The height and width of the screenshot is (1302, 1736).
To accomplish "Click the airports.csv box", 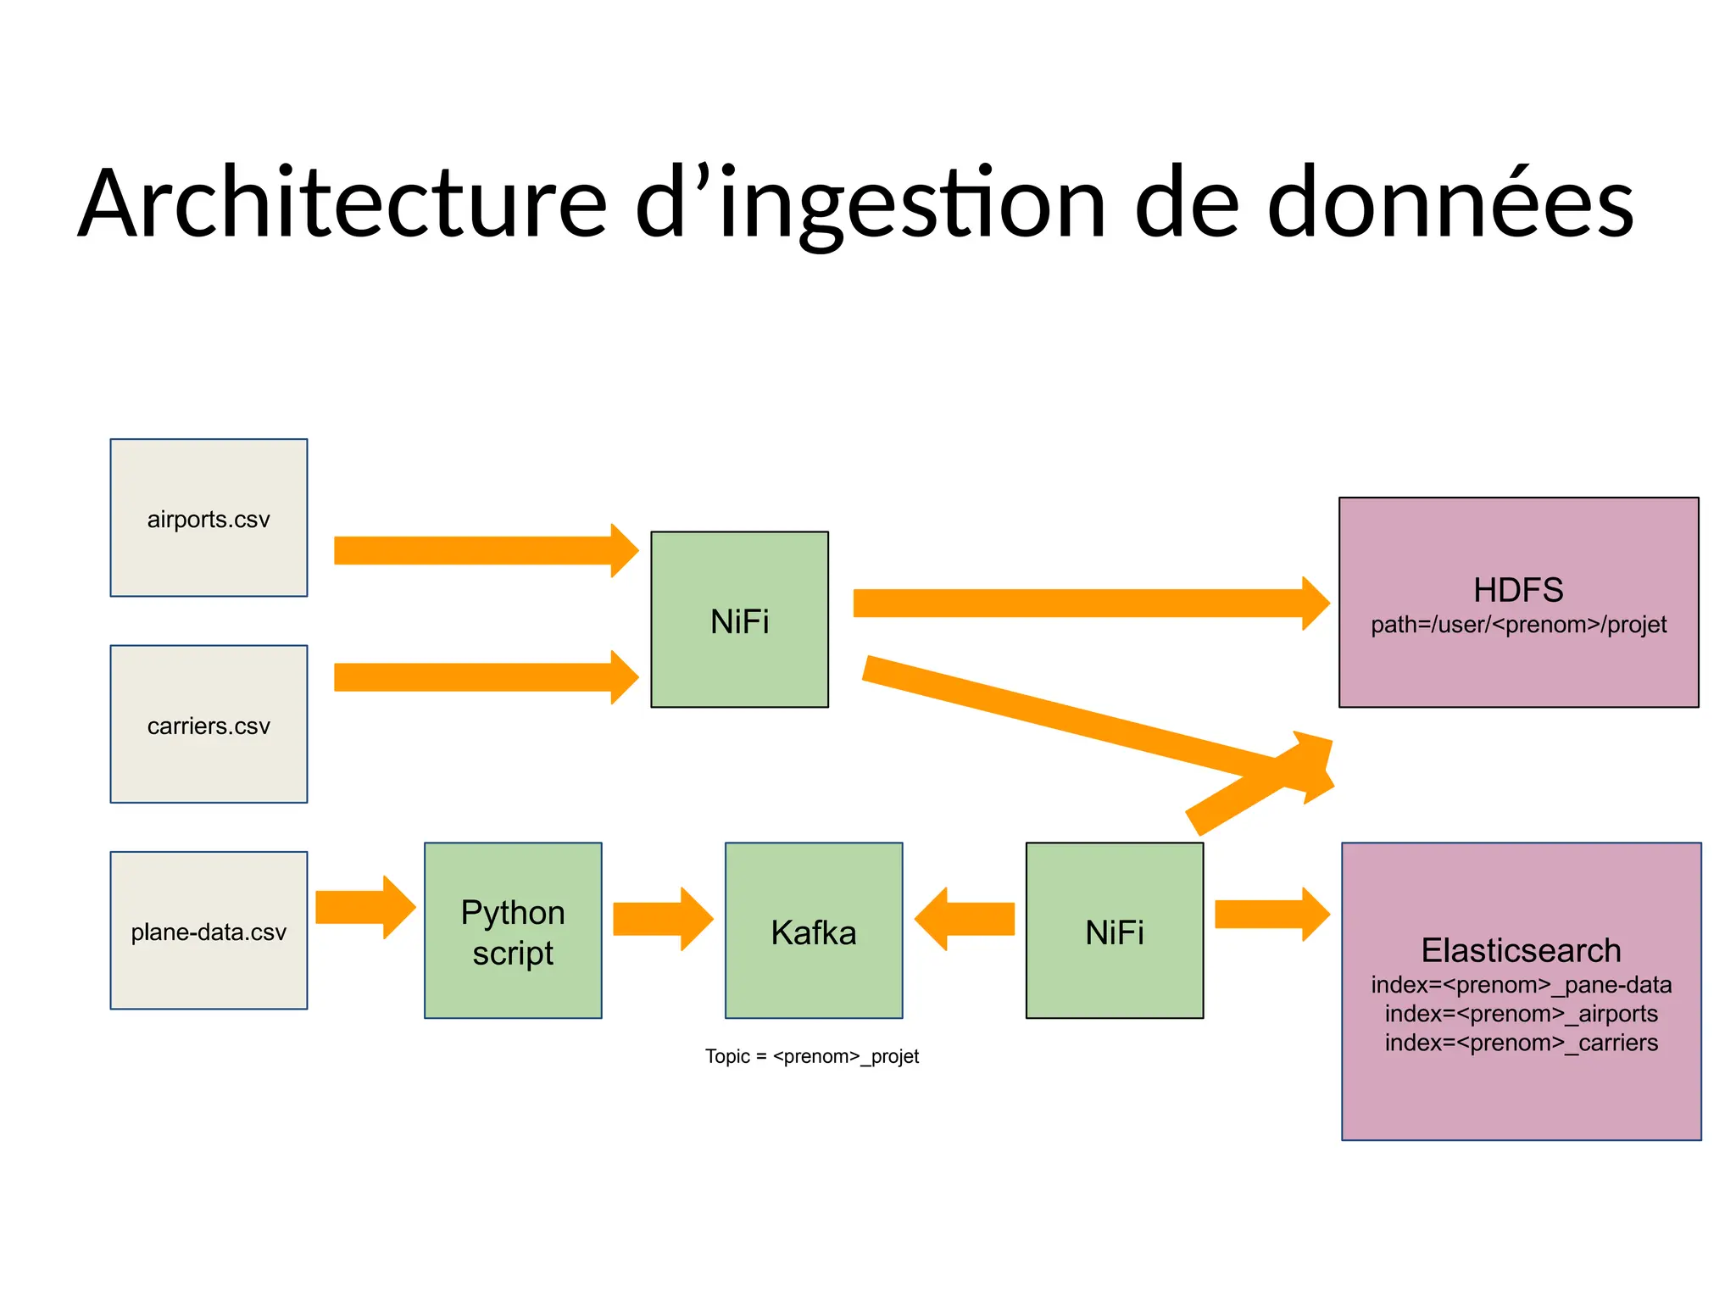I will (209, 518).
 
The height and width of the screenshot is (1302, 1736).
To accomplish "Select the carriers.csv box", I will (209, 724).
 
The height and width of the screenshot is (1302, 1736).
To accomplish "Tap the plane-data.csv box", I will (209, 930).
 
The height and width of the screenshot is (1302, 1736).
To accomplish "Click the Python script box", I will (513, 930).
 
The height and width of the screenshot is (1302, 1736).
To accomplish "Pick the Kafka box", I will (814, 930).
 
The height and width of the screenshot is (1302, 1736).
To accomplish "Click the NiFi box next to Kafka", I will (1114, 930).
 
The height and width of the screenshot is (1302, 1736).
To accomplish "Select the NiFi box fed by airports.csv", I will (739, 620).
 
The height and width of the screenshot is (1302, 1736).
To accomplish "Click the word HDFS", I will (1518, 590).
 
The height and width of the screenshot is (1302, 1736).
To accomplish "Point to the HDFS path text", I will (1518, 625).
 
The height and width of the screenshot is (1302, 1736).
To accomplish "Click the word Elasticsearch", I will (1521, 950).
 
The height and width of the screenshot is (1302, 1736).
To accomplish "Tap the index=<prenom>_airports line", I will (1521, 1014).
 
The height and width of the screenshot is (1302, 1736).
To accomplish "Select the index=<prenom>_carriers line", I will (1521, 1043).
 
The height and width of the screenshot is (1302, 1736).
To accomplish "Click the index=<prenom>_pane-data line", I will (1521, 985).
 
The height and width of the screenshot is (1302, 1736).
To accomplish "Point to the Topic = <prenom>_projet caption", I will (812, 1056).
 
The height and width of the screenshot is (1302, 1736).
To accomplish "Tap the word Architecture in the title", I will (343, 204).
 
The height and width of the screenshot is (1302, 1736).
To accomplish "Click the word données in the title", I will (1449, 204).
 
